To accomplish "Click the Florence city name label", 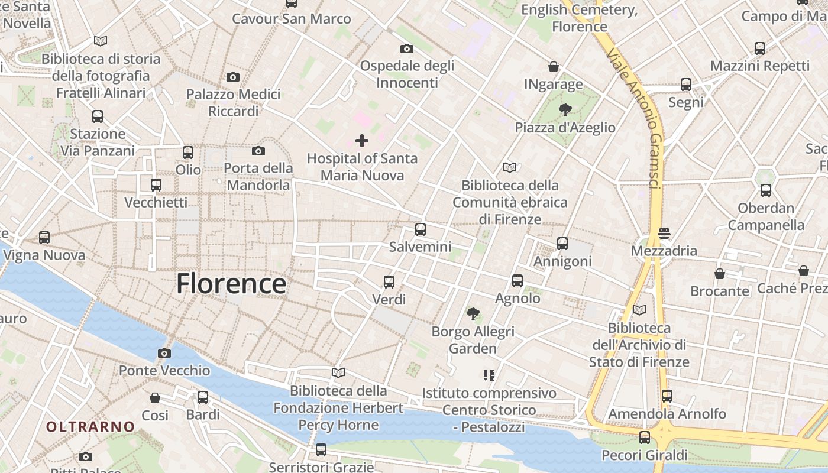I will [x=231, y=284].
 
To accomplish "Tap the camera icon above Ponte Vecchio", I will [x=164, y=354].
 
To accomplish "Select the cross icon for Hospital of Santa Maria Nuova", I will [x=362, y=141].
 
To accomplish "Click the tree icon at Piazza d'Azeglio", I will [x=565, y=109].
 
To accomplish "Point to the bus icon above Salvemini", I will [x=421, y=229].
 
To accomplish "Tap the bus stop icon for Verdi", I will [x=389, y=281].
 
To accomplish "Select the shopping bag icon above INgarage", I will [x=554, y=67].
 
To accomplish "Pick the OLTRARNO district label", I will [x=90, y=426].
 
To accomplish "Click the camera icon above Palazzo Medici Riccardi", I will [x=233, y=77].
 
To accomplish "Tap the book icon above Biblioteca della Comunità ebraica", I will [x=510, y=168].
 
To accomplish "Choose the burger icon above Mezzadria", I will [x=664, y=233].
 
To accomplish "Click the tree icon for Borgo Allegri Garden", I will [x=473, y=313].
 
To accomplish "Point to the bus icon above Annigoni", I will [x=562, y=243].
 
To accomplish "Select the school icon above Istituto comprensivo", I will [x=489, y=375].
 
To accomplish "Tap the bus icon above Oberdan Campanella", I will [x=766, y=190].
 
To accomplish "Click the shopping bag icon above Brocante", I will [x=720, y=274].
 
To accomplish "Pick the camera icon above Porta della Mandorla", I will [x=258, y=151].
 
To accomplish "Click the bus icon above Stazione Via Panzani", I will [x=98, y=116].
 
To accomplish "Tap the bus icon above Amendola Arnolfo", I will [x=667, y=396].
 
